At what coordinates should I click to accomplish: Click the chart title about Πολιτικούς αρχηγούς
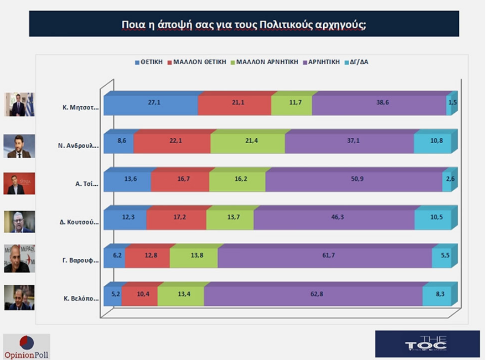pos(244,24)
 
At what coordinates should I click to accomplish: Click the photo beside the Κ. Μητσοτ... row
pos(20,105)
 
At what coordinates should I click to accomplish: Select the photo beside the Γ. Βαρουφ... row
pos(20,258)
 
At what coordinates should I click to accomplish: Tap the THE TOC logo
pos(427,343)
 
